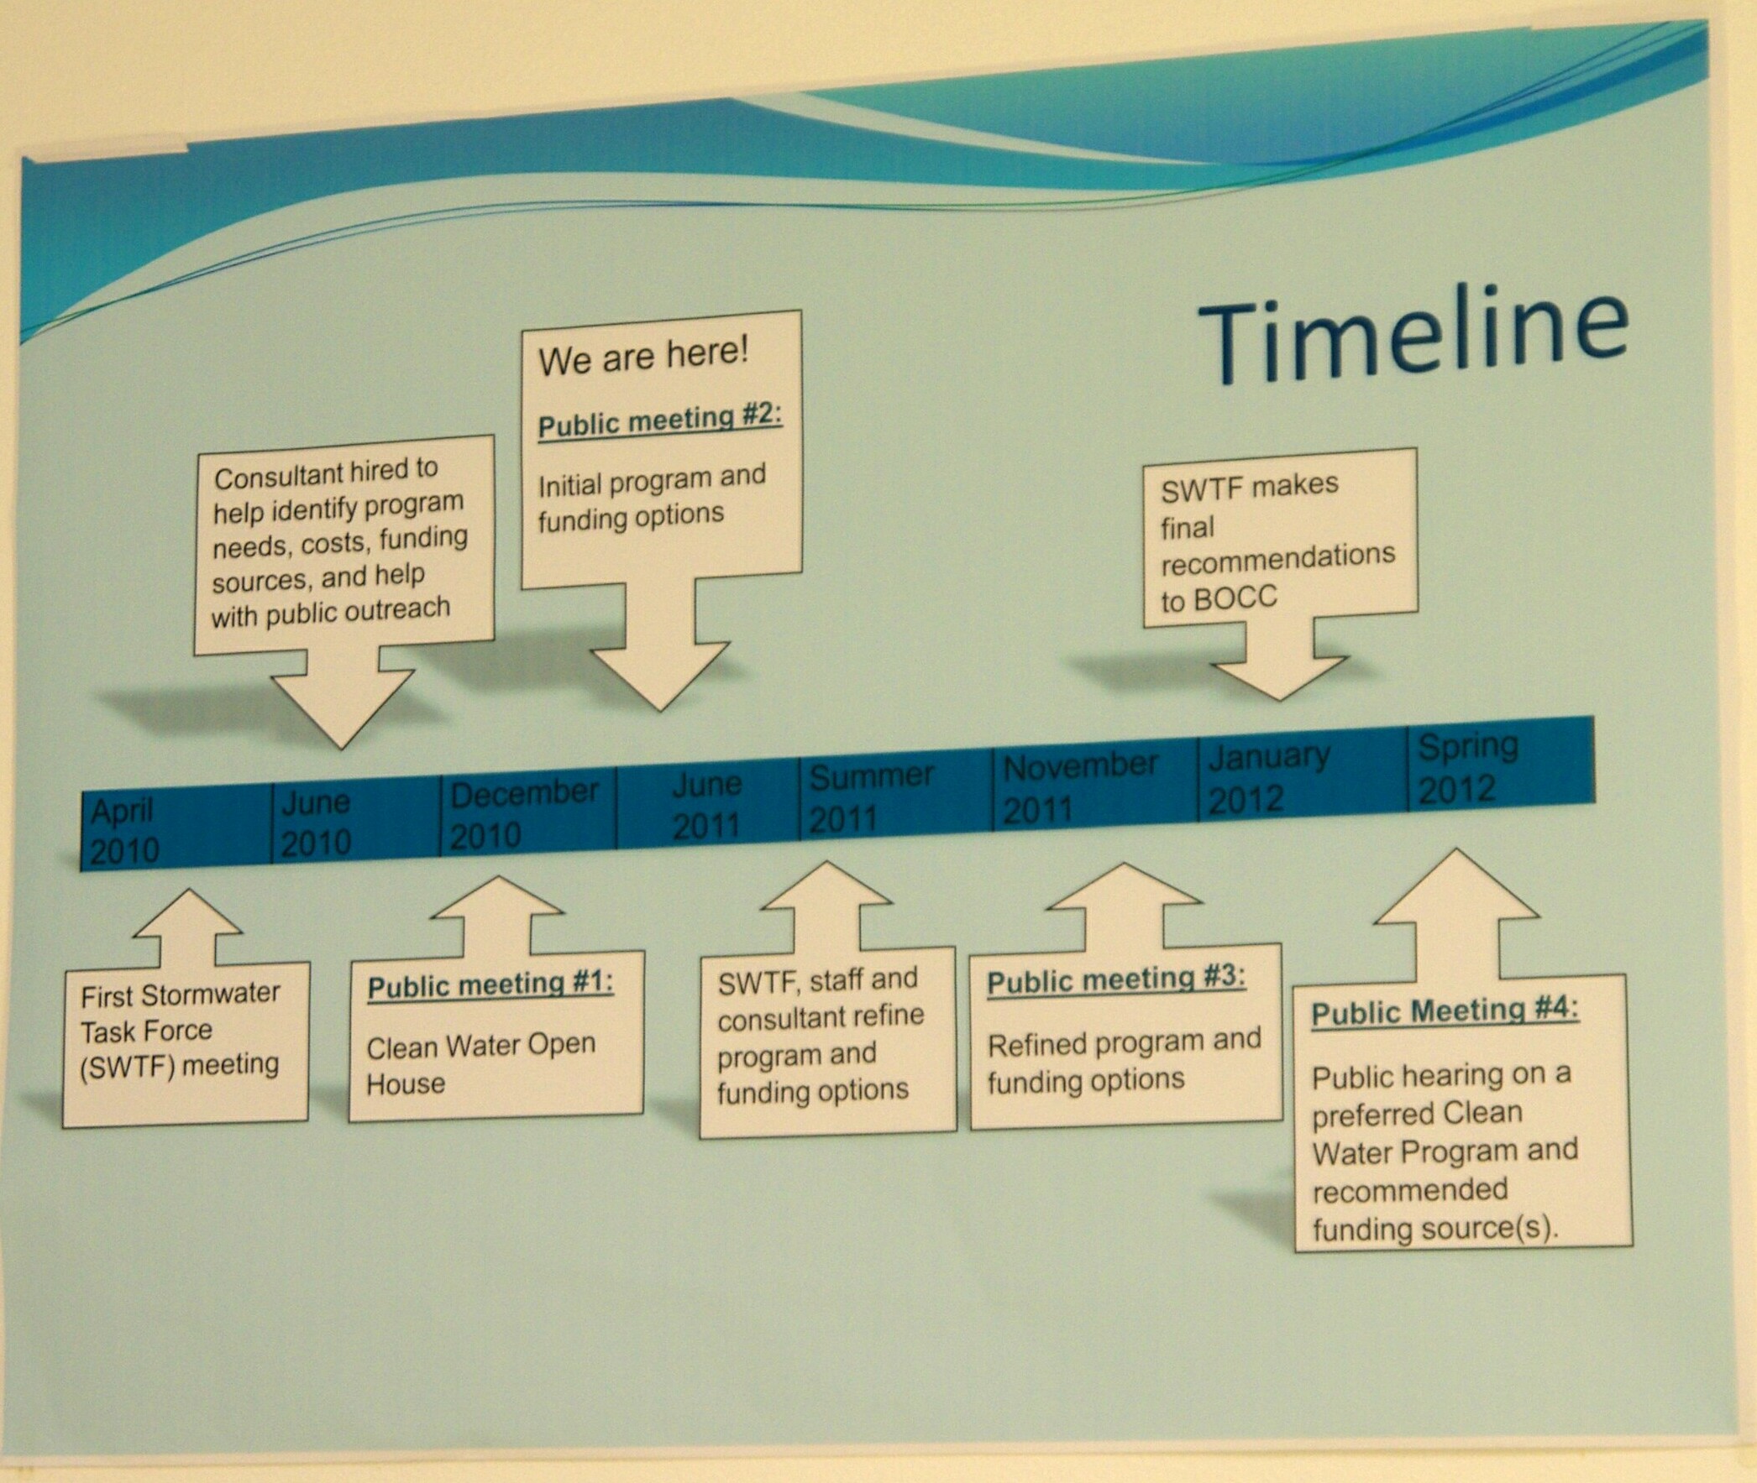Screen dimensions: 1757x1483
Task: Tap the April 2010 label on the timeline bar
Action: (x=123, y=832)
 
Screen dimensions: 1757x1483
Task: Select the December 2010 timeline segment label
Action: (x=524, y=813)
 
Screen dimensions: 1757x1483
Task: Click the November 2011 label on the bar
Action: (x=1080, y=787)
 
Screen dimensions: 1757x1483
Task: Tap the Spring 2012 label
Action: (x=1468, y=767)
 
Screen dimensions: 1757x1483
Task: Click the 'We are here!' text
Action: (x=643, y=356)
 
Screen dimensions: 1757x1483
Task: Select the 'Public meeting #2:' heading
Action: (x=660, y=420)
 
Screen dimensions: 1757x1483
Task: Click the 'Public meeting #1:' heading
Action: (x=490, y=984)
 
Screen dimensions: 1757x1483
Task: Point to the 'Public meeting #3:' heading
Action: (x=1116, y=979)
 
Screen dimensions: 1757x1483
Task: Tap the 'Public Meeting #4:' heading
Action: (x=1445, y=1010)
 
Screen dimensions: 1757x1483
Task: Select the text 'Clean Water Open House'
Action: (x=481, y=1063)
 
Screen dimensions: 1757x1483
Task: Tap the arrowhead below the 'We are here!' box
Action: (x=660, y=676)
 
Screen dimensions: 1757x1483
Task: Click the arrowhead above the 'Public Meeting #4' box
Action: (x=1455, y=885)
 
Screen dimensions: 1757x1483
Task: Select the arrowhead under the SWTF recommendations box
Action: (x=1279, y=678)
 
